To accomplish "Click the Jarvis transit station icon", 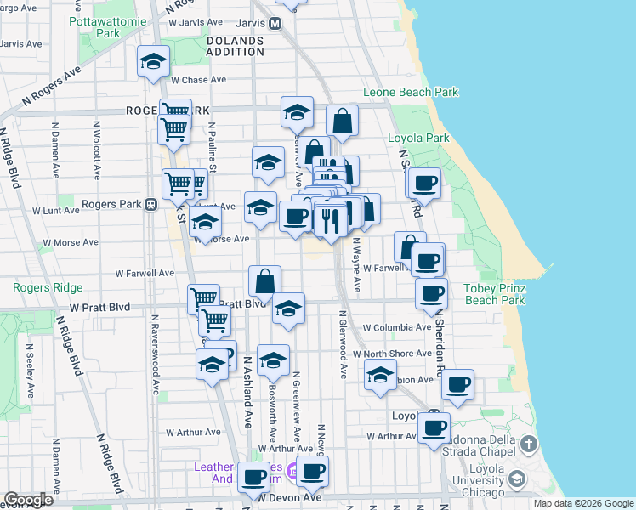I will pyautogui.click(x=275, y=24).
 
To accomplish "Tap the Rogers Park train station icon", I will pyautogui.click(x=150, y=205).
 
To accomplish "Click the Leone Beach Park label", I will pyautogui.click(x=411, y=92).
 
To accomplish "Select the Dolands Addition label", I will pyautogui.click(x=235, y=45).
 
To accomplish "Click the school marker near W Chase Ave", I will pyautogui.click(x=154, y=60).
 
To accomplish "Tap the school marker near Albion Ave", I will pyautogui.click(x=380, y=374).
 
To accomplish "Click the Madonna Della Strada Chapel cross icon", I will pyautogui.click(x=528, y=444).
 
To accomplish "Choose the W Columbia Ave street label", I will pyautogui.click(x=396, y=327).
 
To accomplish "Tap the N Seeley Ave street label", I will pyautogui.click(x=30, y=371).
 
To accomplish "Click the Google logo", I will pyautogui.click(x=29, y=500).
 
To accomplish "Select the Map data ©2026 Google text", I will pyautogui.click(x=583, y=503).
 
